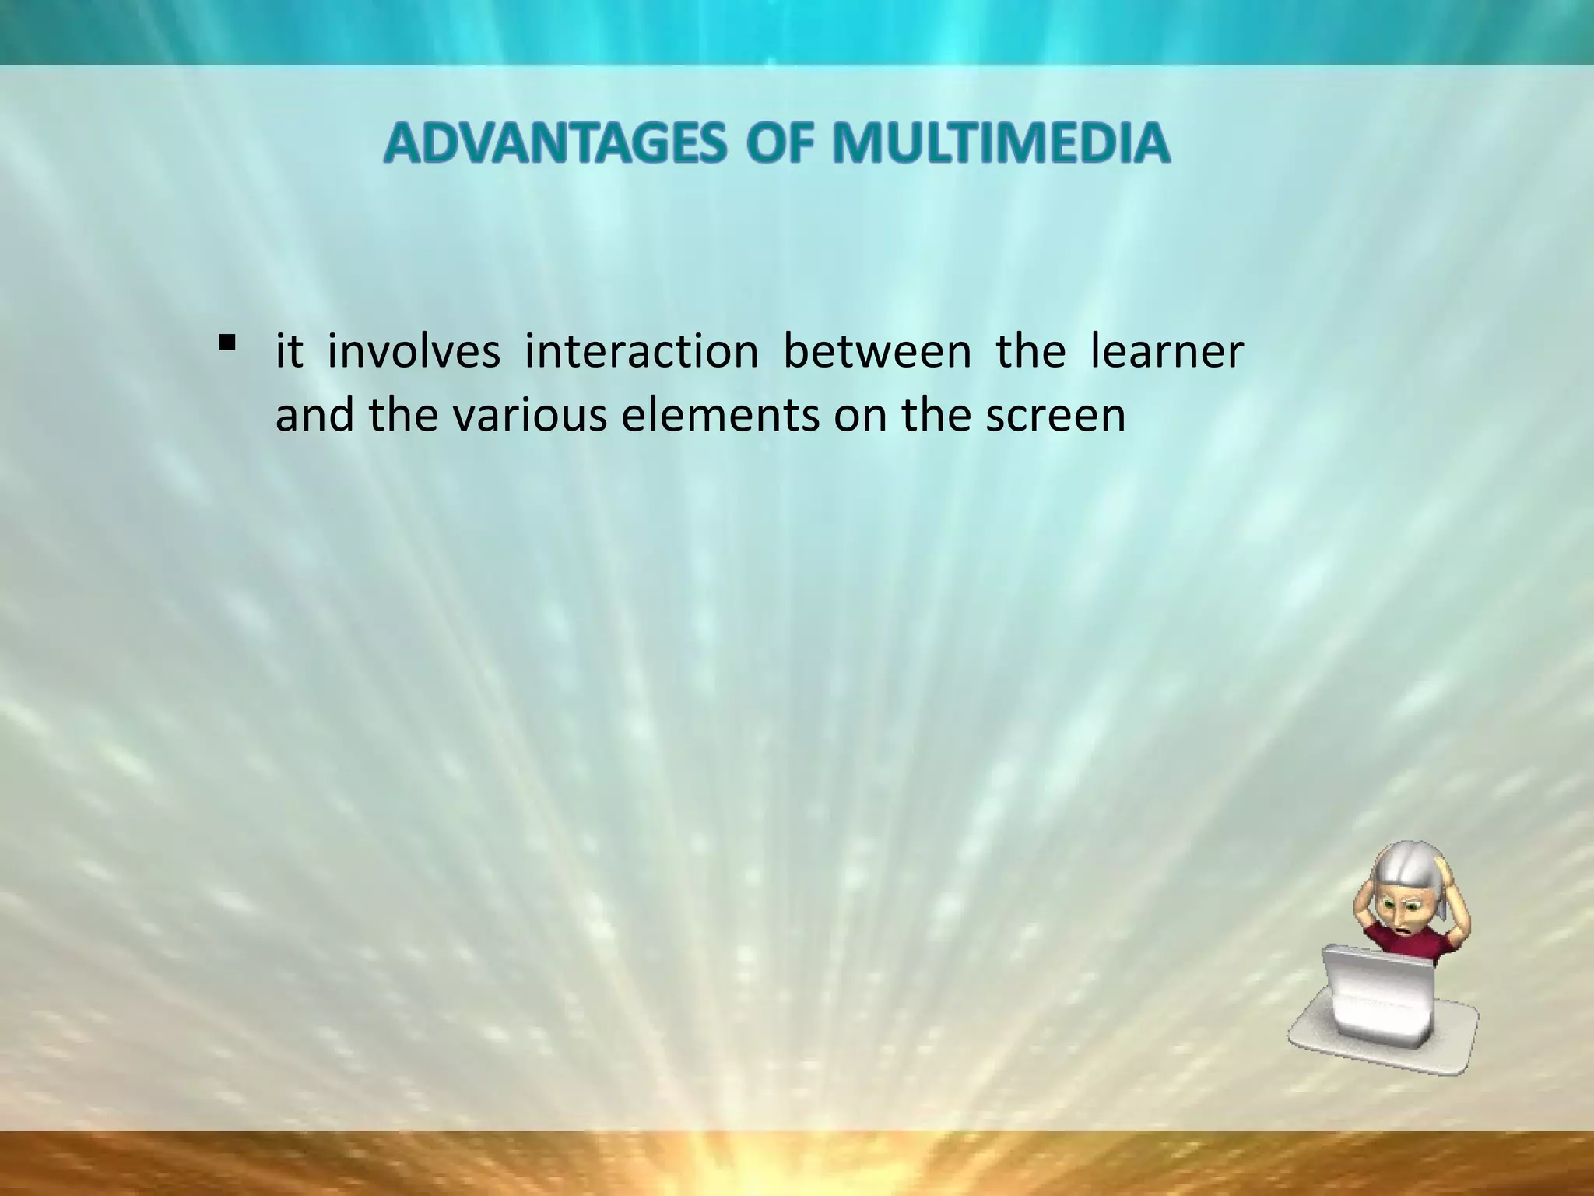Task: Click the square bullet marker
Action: tap(227, 342)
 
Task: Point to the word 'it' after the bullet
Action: tap(289, 351)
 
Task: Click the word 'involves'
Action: tap(413, 351)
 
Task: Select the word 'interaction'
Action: tap(641, 351)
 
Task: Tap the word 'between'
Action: tap(877, 351)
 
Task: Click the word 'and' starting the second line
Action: tap(316, 415)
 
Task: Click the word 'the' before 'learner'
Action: tap(1030, 351)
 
